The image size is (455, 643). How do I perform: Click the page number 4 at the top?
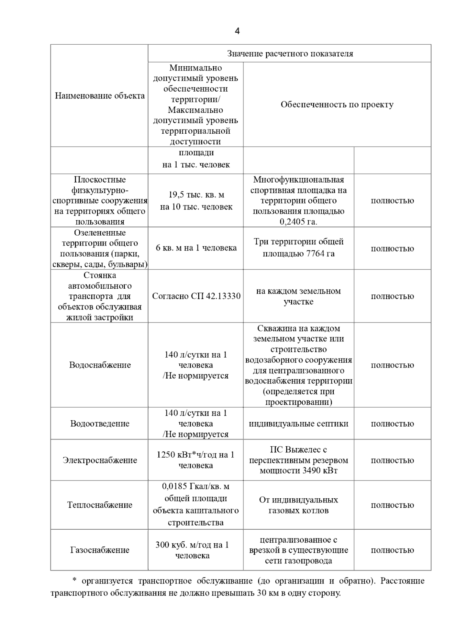coord(237,31)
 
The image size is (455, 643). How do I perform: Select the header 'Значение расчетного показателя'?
coord(290,54)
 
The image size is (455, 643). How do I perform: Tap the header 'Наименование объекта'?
coord(100,95)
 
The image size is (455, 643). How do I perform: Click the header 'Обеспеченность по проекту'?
coord(337,105)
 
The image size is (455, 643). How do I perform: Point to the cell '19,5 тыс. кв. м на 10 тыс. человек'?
coord(196,201)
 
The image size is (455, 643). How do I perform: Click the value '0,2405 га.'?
coord(298,222)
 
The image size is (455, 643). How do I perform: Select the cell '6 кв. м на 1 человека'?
coord(196,248)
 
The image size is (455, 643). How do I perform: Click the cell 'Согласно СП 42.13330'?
coord(196,296)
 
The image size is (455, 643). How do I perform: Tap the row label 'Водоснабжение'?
coord(100,365)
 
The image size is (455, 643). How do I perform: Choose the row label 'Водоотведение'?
coord(100,424)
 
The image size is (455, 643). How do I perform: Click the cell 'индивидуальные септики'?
coord(298,424)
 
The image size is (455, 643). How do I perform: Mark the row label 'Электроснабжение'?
coord(100,460)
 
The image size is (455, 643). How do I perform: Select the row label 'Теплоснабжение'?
coord(100,505)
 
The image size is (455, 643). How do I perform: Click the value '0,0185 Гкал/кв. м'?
coord(196,487)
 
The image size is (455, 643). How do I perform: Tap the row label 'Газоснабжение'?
coord(100,550)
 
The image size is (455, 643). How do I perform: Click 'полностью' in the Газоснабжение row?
coord(392,550)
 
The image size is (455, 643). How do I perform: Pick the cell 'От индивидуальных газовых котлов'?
coord(298,505)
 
